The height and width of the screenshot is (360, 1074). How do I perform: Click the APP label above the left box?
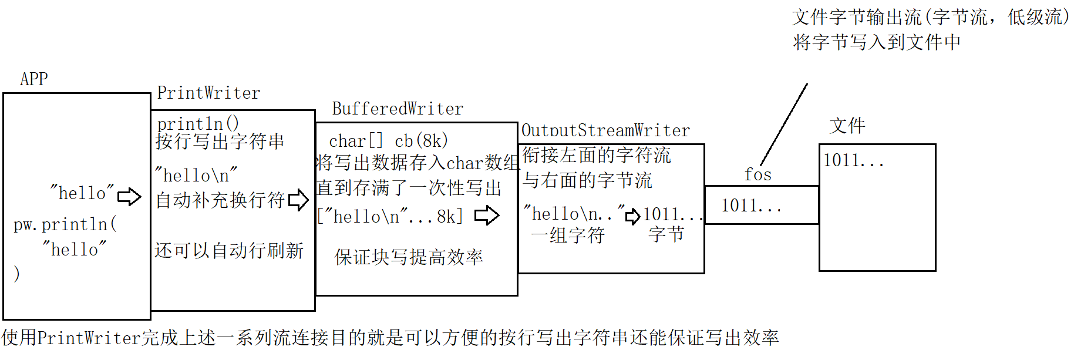[34, 79]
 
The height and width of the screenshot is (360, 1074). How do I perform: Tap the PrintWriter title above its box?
[208, 93]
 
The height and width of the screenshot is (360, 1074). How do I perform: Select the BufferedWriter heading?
[398, 109]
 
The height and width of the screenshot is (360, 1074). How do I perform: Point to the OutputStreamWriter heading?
[605, 130]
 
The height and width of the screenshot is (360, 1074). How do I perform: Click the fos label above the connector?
[757, 174]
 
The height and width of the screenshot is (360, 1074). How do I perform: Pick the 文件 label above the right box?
[847, 126]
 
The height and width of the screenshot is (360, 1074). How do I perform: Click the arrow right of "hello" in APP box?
[129, 196]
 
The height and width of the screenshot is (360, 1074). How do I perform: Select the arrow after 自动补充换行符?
[298, 200]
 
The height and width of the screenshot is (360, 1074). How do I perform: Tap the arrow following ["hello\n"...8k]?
[487, 216]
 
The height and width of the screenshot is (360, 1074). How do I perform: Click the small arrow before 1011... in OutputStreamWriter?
[632, 217]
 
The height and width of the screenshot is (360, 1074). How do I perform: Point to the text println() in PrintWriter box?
[198, 124]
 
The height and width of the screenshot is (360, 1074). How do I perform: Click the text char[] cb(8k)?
[388, 141]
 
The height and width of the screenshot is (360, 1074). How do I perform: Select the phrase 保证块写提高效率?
[409, 257]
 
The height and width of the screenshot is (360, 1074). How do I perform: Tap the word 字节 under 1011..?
[666, 234]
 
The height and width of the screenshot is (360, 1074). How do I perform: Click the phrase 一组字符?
[567, 235]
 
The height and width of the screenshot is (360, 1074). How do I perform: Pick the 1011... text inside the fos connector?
[751, 206]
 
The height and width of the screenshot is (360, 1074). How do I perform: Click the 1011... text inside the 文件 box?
[853, 160]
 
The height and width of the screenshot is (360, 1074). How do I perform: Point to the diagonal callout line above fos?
[784, 125]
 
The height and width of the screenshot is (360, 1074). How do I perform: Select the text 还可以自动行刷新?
[229, 251]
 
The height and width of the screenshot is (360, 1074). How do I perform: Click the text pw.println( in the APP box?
[65, 224]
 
